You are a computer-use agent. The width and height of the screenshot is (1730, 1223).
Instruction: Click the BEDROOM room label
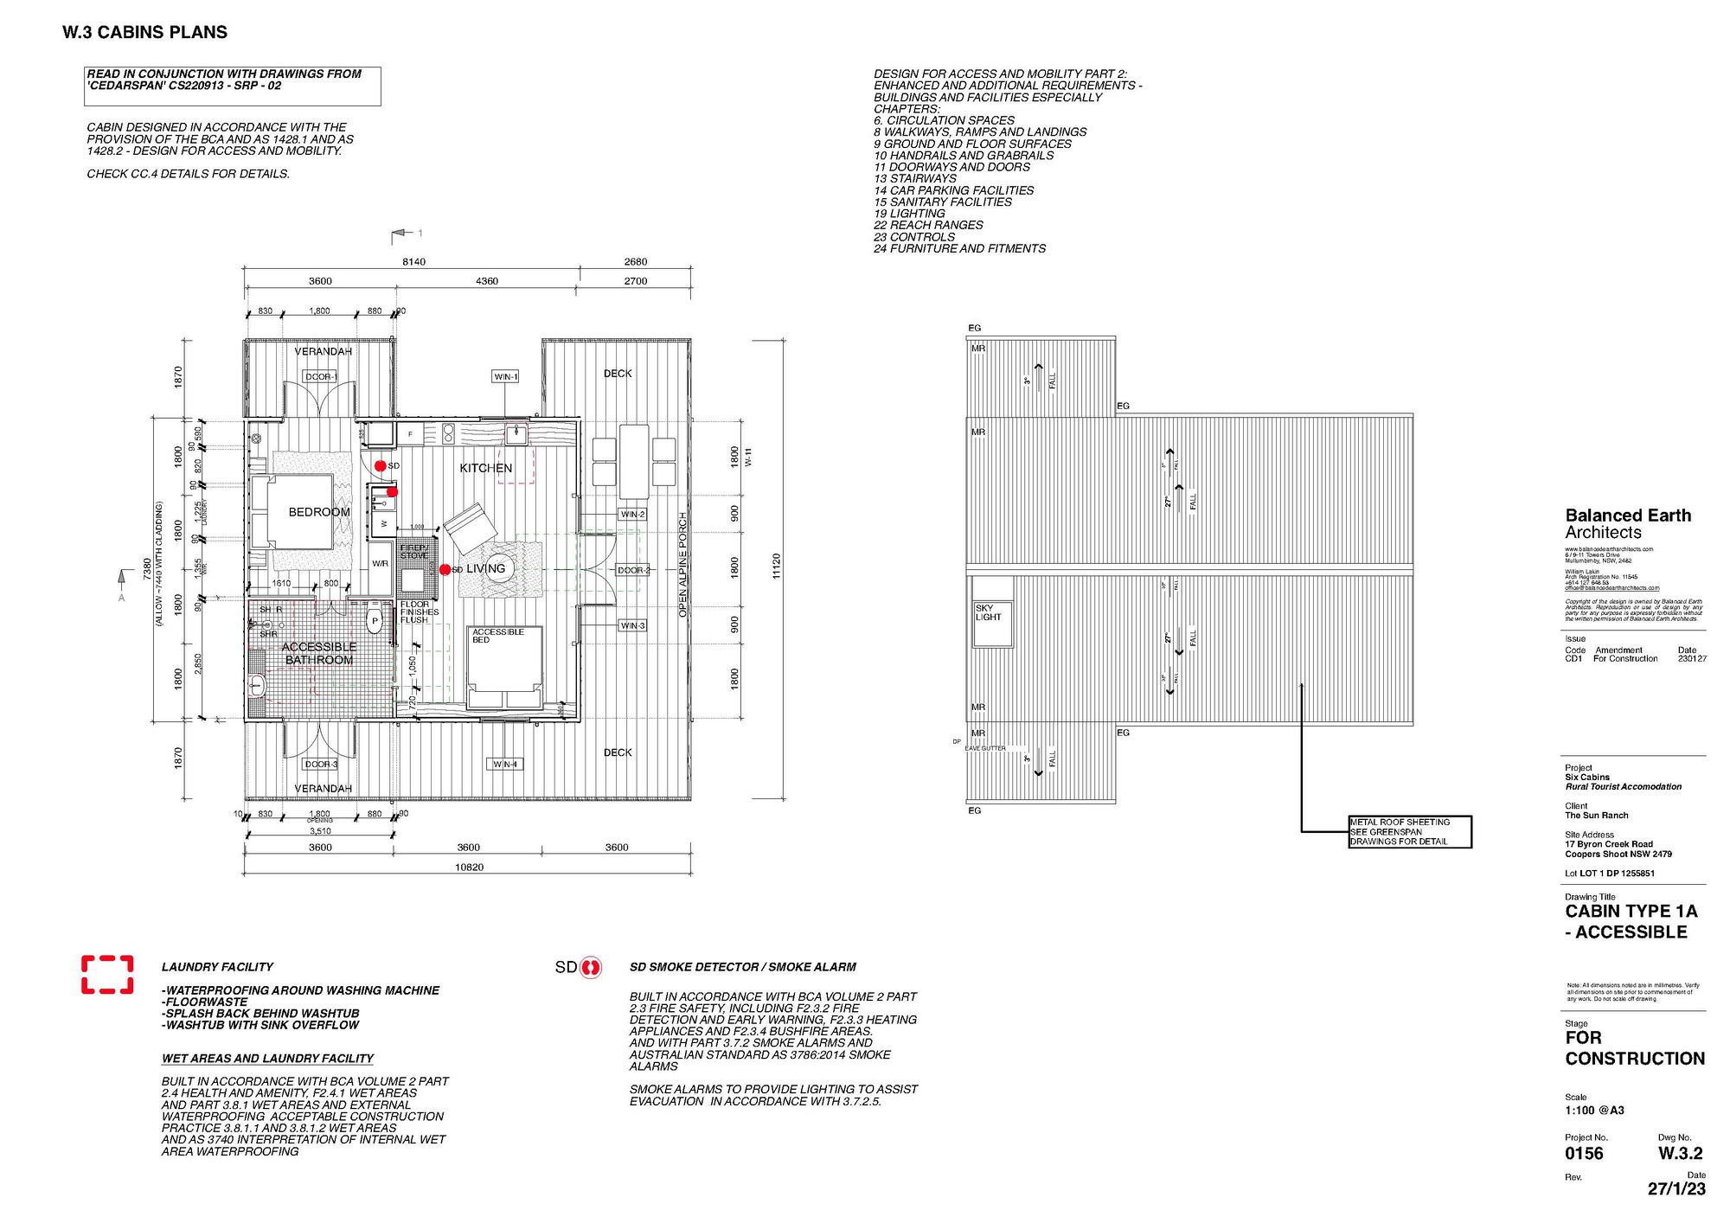click(x=319, y=512)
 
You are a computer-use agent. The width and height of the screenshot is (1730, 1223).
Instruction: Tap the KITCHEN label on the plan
click(x=485, y=468)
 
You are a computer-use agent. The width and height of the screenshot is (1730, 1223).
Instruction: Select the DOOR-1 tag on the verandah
click(x=320, y=377)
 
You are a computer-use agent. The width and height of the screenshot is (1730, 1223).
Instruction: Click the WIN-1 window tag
click(x=505, y=376)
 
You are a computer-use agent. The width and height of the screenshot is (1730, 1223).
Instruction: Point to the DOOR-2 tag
click(x=633, y=570)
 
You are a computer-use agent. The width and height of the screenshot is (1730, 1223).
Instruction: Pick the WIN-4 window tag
click(x=505, y=764)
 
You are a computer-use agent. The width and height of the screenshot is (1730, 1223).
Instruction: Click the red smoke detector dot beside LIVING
click(x=445, y=569)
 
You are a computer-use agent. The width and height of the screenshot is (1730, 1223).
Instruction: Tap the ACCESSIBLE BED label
click(x=498, y=636)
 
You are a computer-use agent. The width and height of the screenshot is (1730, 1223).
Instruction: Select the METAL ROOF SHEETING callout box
click(x=1410, y=831)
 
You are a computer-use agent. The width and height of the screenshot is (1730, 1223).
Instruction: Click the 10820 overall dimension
click(x=469, y=867)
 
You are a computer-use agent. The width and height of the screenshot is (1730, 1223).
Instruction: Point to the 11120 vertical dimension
click(x=776, y=567)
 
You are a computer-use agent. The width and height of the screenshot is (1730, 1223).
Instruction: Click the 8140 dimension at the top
click(x=413, y=261)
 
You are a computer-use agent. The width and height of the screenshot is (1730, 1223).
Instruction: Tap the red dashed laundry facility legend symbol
click(x=107, y=974)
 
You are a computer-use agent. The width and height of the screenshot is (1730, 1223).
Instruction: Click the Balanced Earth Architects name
click(x=1627, y=524)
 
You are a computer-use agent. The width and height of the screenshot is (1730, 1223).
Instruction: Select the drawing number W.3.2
click(x=1680, y=1153)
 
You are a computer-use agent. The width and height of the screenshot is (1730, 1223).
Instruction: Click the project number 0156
click(x=1584, y=1153)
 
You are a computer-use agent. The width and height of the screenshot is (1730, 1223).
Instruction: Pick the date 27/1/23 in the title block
click(x=1676, y=1188)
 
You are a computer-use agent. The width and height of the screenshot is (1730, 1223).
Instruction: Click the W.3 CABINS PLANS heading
click(x=144, y=33)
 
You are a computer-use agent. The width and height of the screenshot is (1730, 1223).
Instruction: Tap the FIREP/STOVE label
click(x=414, y=551)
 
